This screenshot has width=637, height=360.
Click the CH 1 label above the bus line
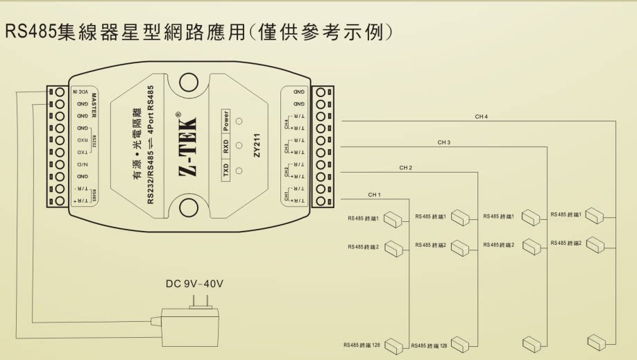(375, 194)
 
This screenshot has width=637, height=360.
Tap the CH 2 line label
(406, 168)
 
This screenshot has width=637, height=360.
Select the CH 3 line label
(444, 142)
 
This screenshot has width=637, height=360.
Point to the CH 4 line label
(482, 117)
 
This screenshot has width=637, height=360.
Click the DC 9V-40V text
(195, 284)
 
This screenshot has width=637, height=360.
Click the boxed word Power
(226, 122)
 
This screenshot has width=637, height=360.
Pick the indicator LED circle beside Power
(240, 121)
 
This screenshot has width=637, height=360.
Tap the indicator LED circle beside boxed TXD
(240, 171)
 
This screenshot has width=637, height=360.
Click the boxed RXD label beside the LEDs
(226, 147)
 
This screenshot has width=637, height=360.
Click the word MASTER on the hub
(94, 105)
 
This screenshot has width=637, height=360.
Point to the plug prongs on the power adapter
(195, 302)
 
